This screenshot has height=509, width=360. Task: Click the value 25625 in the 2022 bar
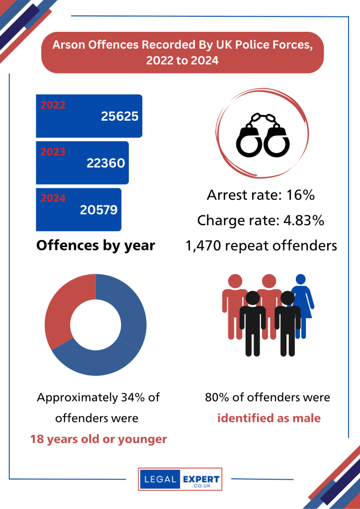(119, 116)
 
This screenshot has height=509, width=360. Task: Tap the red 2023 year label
(53, 152)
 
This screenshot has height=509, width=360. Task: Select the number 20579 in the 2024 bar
(98, 210)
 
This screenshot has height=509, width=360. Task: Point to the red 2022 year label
(53, 105)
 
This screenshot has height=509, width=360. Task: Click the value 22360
(105, 163)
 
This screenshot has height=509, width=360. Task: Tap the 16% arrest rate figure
(301, 195)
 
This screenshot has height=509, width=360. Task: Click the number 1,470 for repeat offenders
(203, 246)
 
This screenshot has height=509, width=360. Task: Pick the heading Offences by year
(95, 246)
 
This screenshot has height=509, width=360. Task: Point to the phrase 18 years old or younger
(98, 440)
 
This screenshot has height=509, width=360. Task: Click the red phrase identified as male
(269, 418)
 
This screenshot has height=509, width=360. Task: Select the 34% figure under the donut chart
(134, 398)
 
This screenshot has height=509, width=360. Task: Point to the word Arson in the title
(69, 45)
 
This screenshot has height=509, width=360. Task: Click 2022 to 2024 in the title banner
(182, 61)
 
